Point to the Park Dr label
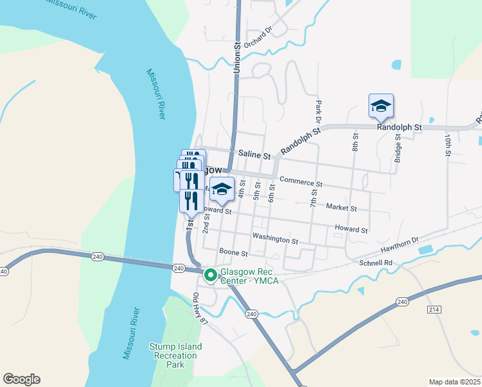coord(318,110)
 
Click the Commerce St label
coord(301,183)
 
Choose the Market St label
coord(342,208)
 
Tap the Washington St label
coord(275,239)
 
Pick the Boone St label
coord(233,253)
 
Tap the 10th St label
coord(447,145)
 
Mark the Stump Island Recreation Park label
coord(176,355)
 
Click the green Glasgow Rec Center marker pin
coord(210,275)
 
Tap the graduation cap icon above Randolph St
coord(381,106)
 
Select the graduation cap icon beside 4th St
coord(222,189)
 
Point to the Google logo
coord(21,379)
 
